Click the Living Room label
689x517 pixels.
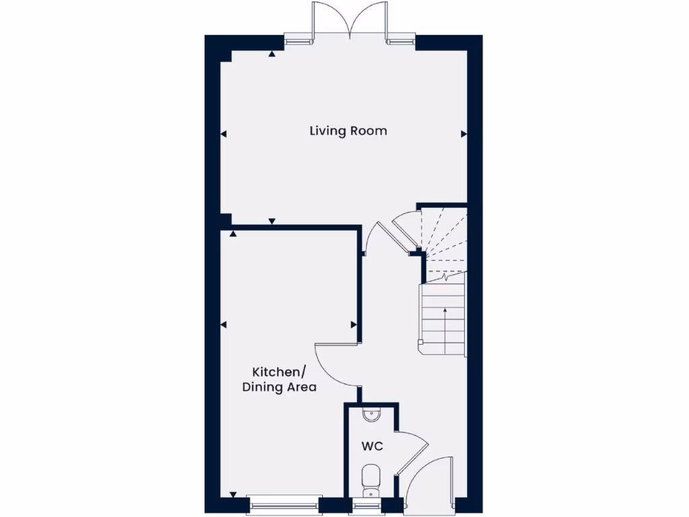click(x=348, y=131)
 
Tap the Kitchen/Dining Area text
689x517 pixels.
click(x=279, y=380)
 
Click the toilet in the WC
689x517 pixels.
click(x=371, y=479)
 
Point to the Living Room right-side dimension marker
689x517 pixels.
click(x=463, y=135)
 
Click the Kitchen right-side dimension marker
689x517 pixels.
click(x=353, y=325)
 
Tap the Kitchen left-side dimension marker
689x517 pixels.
click(x=224, y=325)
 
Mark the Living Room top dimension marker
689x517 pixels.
click(x=272, y=53)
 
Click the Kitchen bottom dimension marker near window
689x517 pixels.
click(x=233, y=494)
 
